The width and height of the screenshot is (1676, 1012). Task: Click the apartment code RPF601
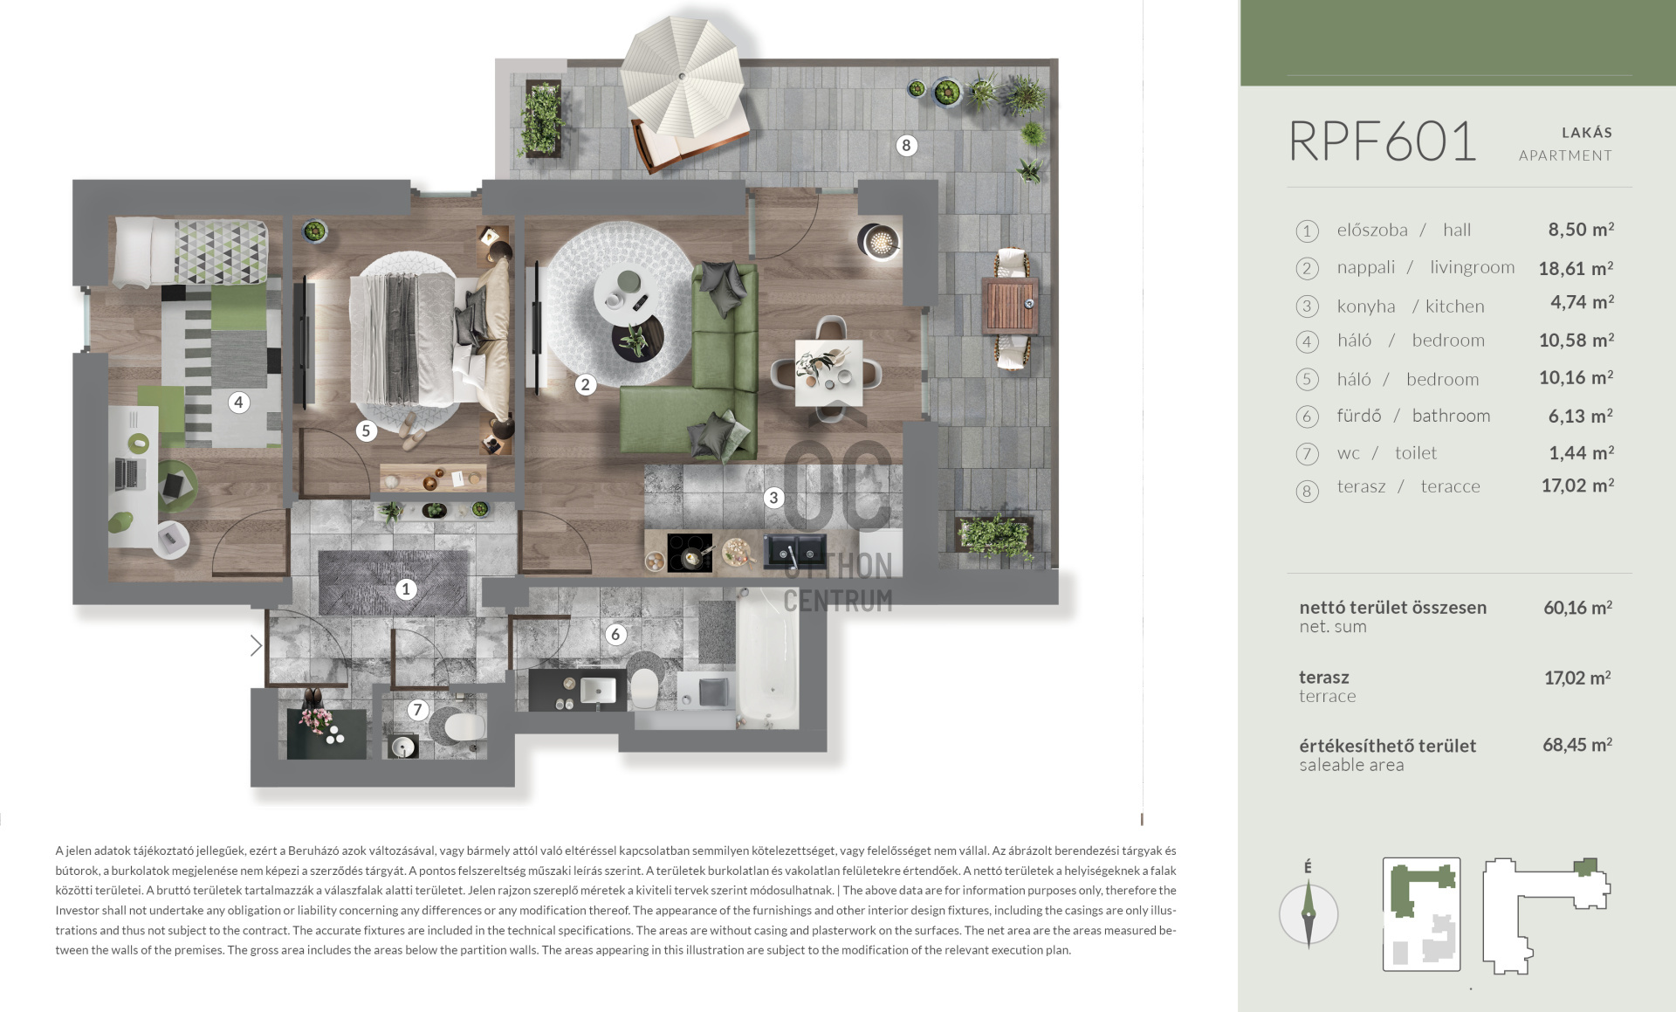[x=1383, y=141]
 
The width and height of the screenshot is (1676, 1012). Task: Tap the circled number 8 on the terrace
[x=906, y=145]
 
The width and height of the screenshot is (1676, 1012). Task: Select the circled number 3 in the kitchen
[x=773, y=498]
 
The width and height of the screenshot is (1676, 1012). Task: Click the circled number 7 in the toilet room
[x=417, y=710]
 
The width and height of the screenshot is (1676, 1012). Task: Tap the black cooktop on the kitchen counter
[x=690, y=552]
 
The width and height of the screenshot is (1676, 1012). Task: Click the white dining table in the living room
[x=828, y=373]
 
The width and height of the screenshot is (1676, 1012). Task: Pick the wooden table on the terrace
[x=1010, y=306]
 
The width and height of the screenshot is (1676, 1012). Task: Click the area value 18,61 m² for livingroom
[x=1576, y=268]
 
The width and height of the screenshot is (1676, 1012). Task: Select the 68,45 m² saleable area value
[x=1576, y=745]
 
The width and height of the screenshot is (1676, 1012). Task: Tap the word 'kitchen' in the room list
[x=1454, y=306]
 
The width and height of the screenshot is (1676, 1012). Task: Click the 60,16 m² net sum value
[x=1577, y=607]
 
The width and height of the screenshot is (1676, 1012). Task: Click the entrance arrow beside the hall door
[x=256, y=645]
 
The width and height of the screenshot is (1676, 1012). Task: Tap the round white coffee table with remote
[x=627, y=295]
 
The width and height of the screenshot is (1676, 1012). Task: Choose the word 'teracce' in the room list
[x=1450, y=486]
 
